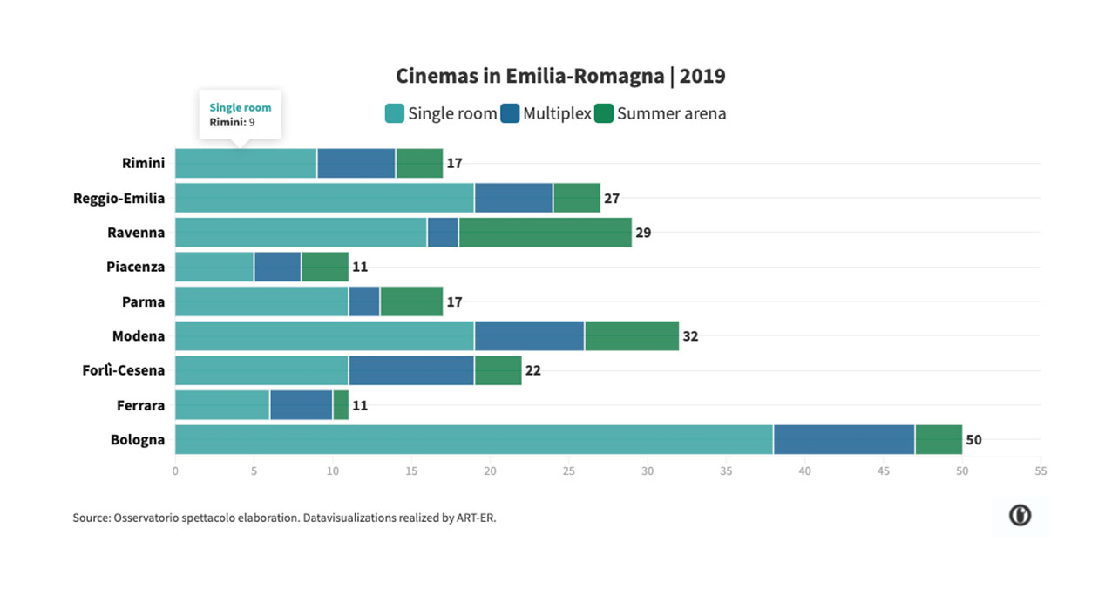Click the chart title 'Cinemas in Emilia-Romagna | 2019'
click(560, 77)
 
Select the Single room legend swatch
click(395, 113)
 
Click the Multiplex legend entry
click(546, 113)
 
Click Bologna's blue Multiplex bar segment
click(844, 439)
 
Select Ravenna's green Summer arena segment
click(546, 233)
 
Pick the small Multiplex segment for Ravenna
click(443, 233)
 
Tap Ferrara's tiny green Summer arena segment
click(341, 405)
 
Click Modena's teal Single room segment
click(324, 335)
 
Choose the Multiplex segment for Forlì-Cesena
click(411, 370)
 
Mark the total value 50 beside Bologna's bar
click(973, 440)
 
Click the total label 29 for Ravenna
click(643, 233)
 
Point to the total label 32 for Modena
click(690, 335)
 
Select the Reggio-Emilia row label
click(119, 198)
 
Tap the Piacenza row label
click(135, 267)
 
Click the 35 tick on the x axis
click(726, 471)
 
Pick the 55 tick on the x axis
click(1041, 471)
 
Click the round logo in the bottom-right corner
click(1020, 516)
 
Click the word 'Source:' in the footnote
click(92, 518)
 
